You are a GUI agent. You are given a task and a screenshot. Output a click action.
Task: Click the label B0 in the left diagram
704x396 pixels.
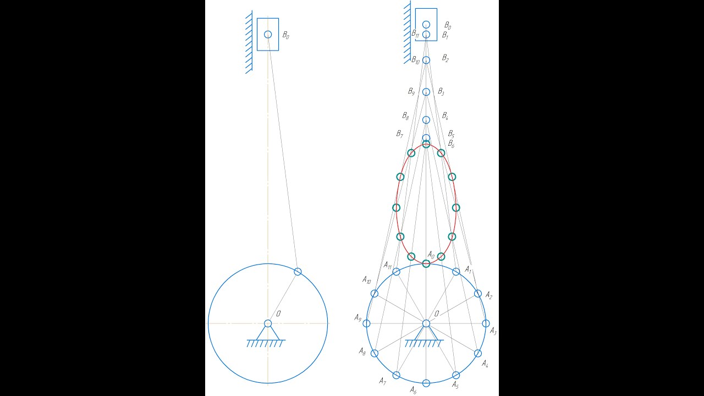pyautogui.click(x=285, y=35)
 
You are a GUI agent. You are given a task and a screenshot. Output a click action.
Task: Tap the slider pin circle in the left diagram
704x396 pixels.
pyautogui.click(x=268, y=34)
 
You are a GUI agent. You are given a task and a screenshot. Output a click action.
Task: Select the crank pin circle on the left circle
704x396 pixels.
pyautogui.click(x=298, y=272)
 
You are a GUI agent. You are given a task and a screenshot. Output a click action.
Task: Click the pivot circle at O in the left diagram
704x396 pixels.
pyautogui.click(x=268, y=323)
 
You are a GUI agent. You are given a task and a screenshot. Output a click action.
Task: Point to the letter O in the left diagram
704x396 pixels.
pyautogui.click(x=278, y=313)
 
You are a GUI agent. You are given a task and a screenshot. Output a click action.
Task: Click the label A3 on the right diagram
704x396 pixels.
pyautogui.click(x=493, y=331)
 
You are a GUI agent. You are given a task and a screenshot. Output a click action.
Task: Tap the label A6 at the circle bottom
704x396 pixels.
pyautogui.click(x=413, y=391)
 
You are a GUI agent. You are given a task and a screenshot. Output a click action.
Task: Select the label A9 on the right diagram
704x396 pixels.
pyautogui.click(x=358, y=318)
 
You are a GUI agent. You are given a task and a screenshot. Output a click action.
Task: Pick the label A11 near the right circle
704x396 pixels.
pyautogui.click(x=388, y=265)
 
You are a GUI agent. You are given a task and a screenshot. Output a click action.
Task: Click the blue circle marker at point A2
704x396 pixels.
pyautogui.click(x=478, y=294)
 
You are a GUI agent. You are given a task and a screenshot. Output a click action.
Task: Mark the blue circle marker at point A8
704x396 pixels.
pyautogui.click(x=375, y=353)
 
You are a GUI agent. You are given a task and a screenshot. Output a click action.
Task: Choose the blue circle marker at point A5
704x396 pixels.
pyautogui.click(x=456, y=375)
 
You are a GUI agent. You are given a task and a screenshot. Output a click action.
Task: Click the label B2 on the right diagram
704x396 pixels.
pyautogui.click(x=446, y=58)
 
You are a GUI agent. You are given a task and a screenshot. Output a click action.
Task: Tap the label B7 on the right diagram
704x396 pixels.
pyautogui.click(x=399, y=134)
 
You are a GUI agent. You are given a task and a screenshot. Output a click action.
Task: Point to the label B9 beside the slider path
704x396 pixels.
pyautogui.click(x=411, y=91)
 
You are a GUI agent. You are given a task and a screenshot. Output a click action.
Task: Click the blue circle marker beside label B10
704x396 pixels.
pyautogui.click(x=426, y=60)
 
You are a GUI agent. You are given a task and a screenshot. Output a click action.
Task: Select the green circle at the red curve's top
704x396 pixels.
pyautogui.click(x=426, y=144)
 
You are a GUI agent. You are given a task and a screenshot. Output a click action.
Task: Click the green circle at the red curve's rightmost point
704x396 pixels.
pyautogui.click(x=456, y=208)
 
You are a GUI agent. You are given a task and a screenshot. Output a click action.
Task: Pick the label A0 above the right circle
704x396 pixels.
pyautogui.click(x=431, y=255)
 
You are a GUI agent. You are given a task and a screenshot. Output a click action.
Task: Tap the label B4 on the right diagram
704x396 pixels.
pyautogui.click(x=445, y=116)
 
